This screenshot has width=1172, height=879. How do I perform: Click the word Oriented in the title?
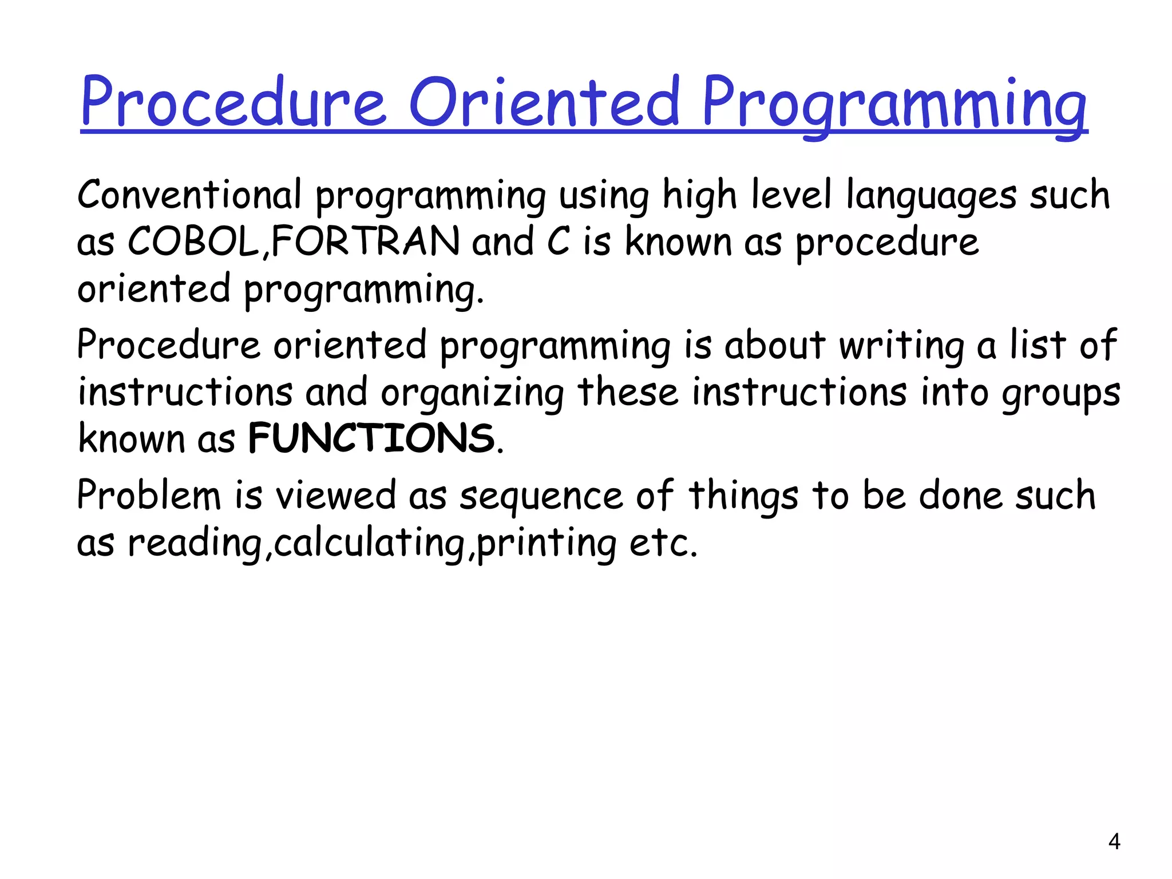pos(544,102)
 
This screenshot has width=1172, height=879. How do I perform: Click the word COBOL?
pos(193,241)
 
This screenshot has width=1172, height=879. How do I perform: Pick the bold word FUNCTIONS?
pos(371,438)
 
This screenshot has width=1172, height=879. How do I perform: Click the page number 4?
pos(1114,842)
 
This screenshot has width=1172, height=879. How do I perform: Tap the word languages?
pos(931,196)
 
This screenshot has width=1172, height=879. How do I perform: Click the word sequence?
pos(541,497)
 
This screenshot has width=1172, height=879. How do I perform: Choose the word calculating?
pos(370,543)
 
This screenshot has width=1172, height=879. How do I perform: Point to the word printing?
pos(547,543)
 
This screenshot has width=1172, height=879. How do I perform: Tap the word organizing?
pos(473,394)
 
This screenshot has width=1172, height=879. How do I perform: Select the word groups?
pos(1060,394)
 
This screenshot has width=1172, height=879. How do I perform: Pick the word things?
pos(743,496)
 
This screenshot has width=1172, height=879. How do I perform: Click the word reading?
pos(195,543)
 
